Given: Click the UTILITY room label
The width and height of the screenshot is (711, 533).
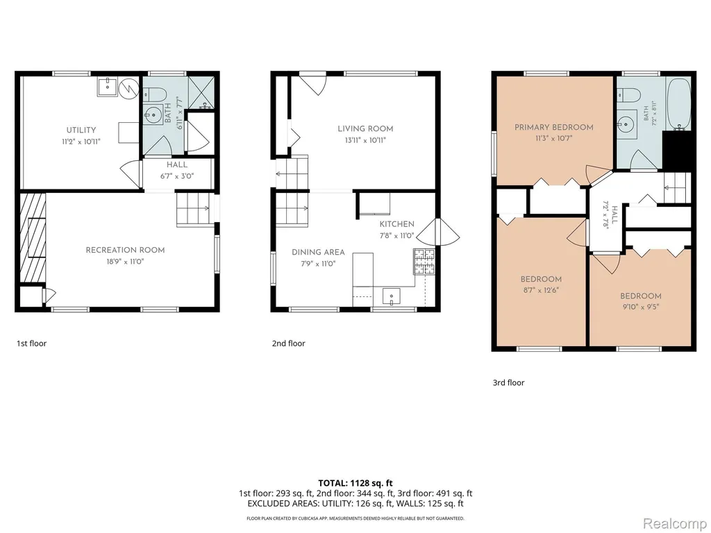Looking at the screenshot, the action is [81, 130].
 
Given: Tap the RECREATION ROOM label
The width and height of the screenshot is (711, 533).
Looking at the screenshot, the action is [125, 250].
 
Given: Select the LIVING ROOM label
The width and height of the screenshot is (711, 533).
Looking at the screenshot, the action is [365, 128].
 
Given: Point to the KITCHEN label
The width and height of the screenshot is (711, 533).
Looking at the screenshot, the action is [396, 224].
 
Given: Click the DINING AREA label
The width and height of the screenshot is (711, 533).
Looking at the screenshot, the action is [318, 253].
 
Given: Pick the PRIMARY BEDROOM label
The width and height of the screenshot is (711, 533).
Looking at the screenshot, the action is [553, 128].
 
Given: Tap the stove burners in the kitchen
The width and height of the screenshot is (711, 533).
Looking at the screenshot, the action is [424, 262].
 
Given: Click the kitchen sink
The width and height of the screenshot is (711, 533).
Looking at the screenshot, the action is [392, 296].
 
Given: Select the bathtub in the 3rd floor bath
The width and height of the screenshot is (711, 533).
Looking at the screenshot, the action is [678, 104].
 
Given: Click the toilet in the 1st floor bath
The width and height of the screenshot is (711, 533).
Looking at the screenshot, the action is [151, 94].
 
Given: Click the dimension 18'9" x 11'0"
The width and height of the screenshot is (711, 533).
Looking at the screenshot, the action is [125, 262].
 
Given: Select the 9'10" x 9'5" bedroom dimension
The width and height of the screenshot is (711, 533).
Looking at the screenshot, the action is [641, 307].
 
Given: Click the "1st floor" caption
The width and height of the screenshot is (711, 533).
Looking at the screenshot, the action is [32, 344].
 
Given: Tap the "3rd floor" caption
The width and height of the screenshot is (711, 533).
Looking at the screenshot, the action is [508, 382].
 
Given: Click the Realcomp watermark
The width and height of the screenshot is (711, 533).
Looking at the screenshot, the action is [674, 523].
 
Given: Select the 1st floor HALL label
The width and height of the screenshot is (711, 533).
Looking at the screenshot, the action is [177, 165].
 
